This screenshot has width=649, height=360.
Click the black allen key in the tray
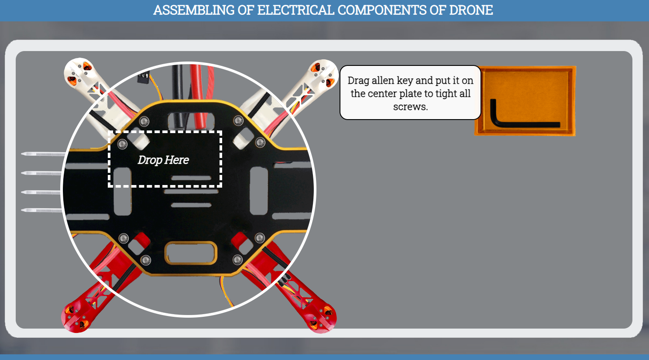[x=524, y=124]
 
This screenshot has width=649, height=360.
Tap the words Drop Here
[x=163, y=160]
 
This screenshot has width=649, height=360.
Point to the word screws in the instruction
[x=410, y=106]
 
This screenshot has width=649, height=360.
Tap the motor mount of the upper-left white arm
[x=79, y=72]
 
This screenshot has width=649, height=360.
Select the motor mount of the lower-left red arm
[x=76, y=318]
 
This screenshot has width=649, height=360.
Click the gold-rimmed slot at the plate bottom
[x=191, y=253]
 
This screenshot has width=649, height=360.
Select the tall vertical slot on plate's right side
[x=258, y=191]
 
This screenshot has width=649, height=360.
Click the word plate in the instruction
[x=409, y=93]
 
